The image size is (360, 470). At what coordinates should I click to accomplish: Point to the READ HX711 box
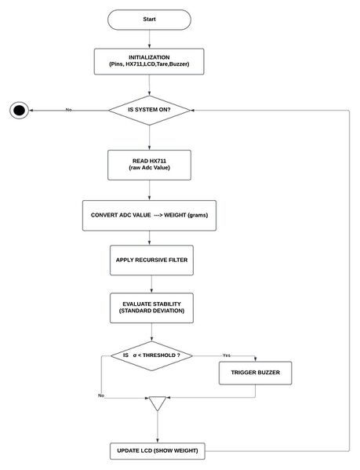coord(149,165)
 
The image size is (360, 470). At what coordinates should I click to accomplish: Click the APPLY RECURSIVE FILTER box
coord(149,259)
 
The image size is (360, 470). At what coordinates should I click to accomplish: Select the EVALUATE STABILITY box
coord(149,307)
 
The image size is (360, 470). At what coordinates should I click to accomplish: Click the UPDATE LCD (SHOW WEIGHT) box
coord(158,451)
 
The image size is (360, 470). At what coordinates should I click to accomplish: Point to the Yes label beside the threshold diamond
coord(227,355)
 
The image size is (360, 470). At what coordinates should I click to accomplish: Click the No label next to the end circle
coord(69,110)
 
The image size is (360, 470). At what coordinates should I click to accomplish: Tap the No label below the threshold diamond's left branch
coord(101,395)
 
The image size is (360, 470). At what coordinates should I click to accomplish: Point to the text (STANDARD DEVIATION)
coord(149,312)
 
